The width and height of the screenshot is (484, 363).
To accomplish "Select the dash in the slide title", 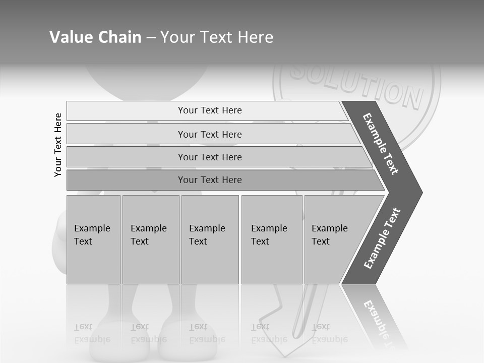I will click(151, 37).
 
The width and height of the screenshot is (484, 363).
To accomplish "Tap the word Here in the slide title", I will click(255, 37).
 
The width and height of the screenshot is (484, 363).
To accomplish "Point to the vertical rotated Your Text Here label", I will click(58, 145).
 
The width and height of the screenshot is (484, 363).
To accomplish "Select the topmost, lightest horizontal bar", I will click(210, 110).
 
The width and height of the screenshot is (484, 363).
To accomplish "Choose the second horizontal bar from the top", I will click(210, 134).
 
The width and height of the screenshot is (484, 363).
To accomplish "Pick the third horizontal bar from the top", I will click(210, 157).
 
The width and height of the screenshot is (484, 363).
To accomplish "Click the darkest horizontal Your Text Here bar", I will click(210, 180).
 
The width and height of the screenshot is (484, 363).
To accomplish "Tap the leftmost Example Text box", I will click(93, 239).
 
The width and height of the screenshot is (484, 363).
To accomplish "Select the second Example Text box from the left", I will click(150, 239).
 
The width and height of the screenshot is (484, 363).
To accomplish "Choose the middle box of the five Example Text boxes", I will click(210, 239).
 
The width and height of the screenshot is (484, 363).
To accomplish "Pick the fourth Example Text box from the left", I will click(271, 239).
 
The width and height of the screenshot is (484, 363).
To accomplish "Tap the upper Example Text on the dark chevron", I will click(381, 144).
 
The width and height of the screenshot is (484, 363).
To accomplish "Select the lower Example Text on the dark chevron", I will click(382, 238).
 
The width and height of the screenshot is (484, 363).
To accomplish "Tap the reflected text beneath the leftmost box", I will click(92, 333).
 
